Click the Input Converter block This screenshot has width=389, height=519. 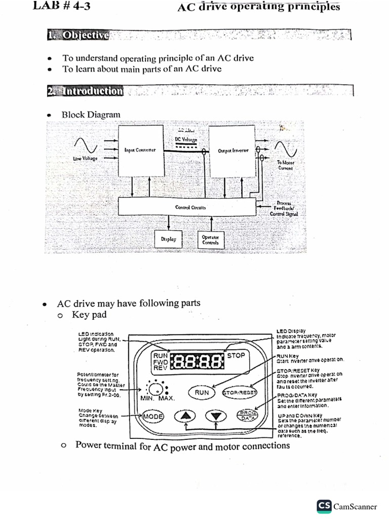[140, 151]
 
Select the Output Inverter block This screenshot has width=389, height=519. [232, 151]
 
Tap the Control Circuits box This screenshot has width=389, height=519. [187, 207]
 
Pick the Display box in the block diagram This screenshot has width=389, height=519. [168, 239]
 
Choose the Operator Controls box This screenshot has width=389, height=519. [210, 239]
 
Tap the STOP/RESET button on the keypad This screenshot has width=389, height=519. [240, 392]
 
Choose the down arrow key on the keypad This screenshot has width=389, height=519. [216, 416]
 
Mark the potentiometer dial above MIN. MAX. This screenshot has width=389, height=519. [157, 390]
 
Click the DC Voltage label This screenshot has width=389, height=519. [186, 139]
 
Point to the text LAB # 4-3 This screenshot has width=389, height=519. [62, 6]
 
